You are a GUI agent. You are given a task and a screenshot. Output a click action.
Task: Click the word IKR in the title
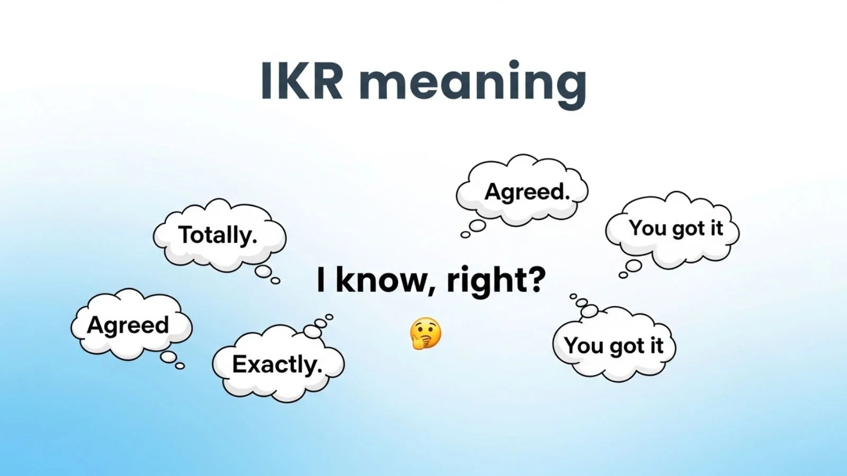pos(302,82)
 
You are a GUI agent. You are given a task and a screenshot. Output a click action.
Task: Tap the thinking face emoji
pos(425,334)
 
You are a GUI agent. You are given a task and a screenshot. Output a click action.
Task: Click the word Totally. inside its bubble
pos(218,235)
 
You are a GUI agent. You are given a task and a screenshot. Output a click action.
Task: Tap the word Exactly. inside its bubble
pos(277,364)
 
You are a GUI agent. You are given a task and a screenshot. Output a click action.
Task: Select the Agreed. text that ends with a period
pos(527,191)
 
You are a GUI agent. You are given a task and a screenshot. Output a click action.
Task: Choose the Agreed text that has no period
pos(128,325)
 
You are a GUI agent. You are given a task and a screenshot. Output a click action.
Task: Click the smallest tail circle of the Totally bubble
pos(275,281)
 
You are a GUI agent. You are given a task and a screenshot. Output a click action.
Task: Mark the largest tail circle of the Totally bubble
pos(263,272)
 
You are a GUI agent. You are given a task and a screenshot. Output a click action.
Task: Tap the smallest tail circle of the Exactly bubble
pos(329,317)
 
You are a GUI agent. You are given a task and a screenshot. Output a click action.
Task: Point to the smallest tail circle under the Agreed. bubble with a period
pos(465,235)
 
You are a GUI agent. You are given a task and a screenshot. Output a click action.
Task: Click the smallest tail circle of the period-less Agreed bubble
pos(180,366)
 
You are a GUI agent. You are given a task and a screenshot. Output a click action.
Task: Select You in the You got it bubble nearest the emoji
pos(583,345)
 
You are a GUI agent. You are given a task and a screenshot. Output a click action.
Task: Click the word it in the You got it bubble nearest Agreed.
pos(716,228)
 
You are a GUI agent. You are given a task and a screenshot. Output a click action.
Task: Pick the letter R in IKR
pos(326,82)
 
